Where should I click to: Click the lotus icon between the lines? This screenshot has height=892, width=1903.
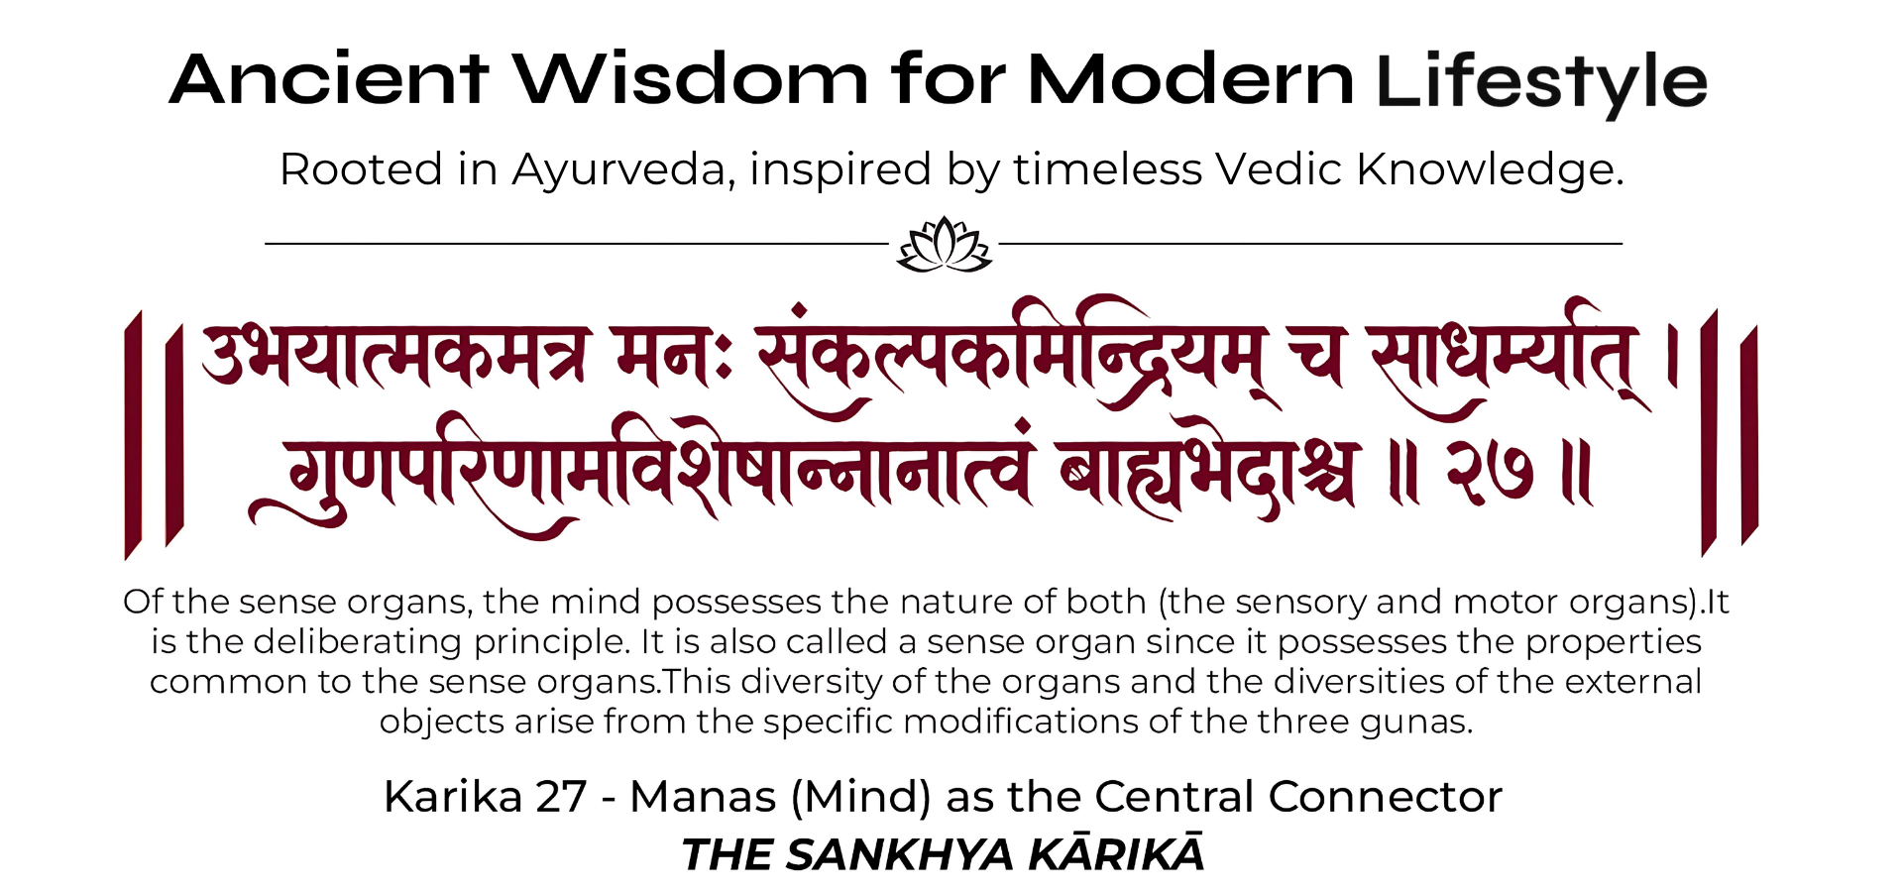(x=944, y=244)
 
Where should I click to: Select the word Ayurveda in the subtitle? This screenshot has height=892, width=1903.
(x=623, y=170)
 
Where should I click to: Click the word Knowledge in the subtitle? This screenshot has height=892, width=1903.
(x=1491, y=170)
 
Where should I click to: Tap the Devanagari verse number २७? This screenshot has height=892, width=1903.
(x=1490, y=472)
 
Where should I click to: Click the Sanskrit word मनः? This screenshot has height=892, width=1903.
(x=673, y=357)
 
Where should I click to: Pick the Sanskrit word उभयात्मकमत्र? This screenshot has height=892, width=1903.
(x=397, y=357)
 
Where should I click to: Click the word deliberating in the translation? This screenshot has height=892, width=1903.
(x=358, y=643)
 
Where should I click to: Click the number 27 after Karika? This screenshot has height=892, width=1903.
(x=561, y=797)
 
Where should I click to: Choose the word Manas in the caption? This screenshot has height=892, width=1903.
(x=703, y=797)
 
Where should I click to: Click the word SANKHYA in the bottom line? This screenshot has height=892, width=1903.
(x=900, y=854)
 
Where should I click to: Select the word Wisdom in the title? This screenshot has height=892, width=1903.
(x=691, y=79)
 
